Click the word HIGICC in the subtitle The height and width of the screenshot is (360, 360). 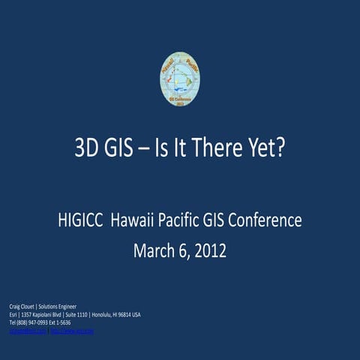point(81,221)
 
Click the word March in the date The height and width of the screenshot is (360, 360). point(154,250)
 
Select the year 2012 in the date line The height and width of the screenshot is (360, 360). point(209,250)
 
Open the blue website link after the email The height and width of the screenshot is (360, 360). point(71,331)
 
